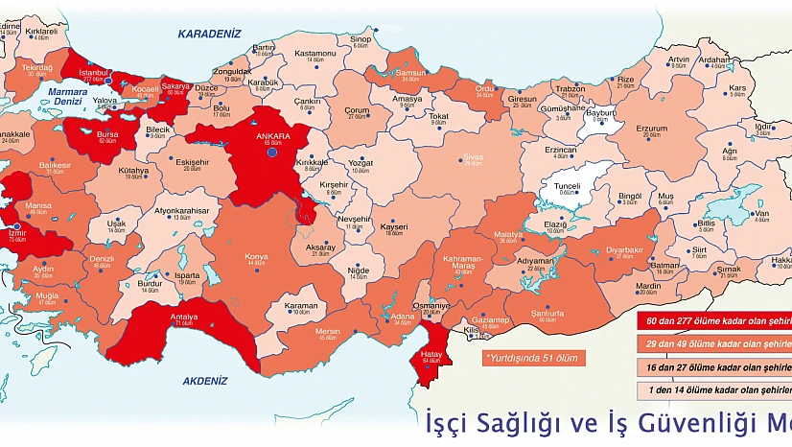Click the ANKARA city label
[x=272, y=136]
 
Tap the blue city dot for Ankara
[x=272, y=152]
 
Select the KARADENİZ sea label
[x=206, y=34]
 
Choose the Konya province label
[x=257, y=256]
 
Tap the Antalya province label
[x=184, y=318]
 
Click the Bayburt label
[x=600, y=112]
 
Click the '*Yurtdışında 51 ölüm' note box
[x=534, y=356]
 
